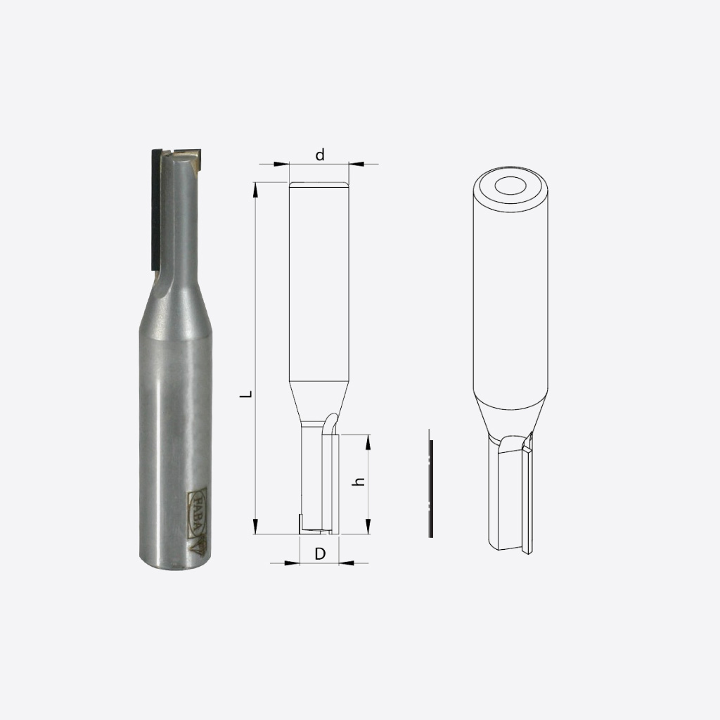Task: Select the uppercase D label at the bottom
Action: (320, 553)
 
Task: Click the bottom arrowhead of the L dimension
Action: (256, 527)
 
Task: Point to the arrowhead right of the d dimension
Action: (357, 165)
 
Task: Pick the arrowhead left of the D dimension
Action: (291, 563)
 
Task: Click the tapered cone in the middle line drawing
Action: (320, 401)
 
